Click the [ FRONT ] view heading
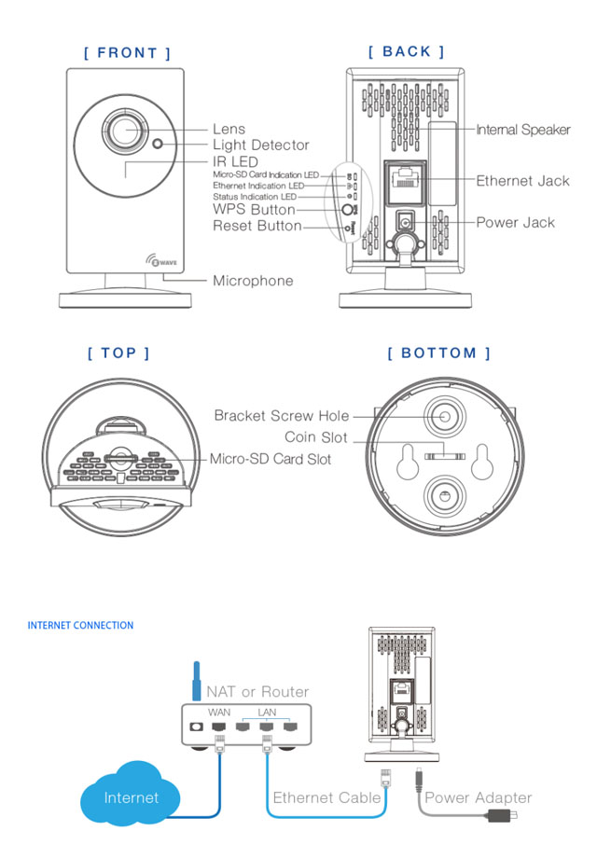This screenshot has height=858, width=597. [x=127, y=53]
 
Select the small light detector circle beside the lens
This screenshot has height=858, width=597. [x=159, y=145]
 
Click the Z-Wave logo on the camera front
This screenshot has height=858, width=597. [x=153, y=262]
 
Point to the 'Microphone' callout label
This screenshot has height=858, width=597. [x=253, y=281]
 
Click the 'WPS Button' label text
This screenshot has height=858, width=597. [x=254, y=210]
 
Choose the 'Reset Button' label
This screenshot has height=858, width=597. [x=257, y=226]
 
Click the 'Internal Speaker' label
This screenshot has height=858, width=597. [x=522, y=130]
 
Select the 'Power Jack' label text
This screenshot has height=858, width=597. [x=515, y=223]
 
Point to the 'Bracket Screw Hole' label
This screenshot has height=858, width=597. [x=282, y=416]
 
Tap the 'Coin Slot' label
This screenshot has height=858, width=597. [x=316, y=437]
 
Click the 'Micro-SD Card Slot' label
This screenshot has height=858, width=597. [x=270, y=459]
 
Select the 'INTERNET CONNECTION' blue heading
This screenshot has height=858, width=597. [x=80, y=626]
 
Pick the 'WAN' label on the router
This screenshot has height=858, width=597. [x=219, y=712]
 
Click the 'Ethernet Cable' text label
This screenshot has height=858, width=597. [x=326, y=797]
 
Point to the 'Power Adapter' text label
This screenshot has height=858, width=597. [x=478, y=797]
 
